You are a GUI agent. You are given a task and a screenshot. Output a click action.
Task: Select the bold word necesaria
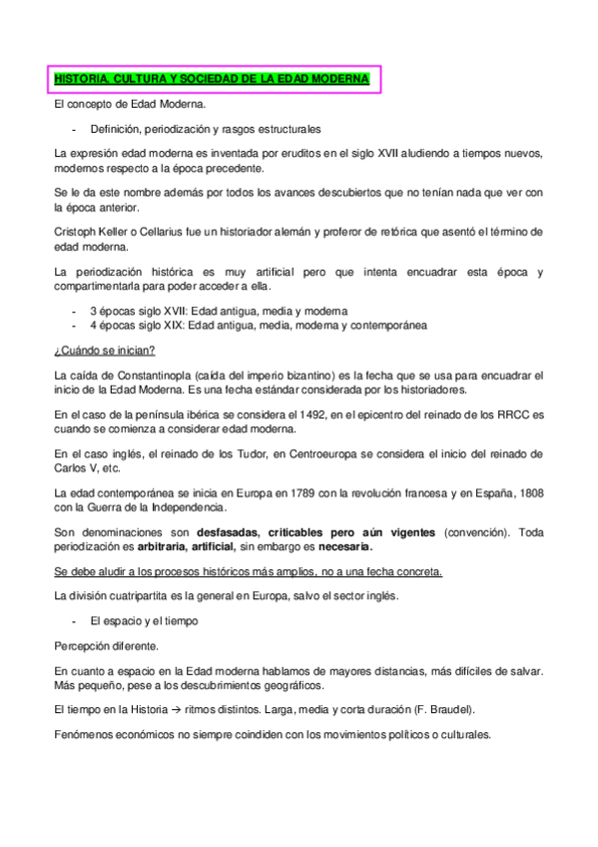click(340, 546)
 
